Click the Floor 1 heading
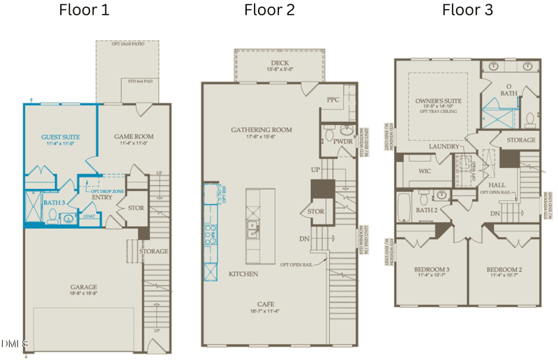[x=84, y=10]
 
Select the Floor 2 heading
[x=269, y=10]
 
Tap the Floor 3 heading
[x=467, y=10]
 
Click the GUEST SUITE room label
[x=60, y=137]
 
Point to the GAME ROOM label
[x=134, y=137]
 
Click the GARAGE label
[x=83, y=287]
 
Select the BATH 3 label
[x=54, y=202]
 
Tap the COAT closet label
[x=89, y=216]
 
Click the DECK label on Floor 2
[x=280, y=63]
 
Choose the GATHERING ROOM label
[x=262, y=130]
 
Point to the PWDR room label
[x=343, y=142]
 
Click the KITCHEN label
[x=243, y=274]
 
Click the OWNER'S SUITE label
[x=439, y=102]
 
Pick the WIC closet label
[x=425, y=171]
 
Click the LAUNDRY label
[x=444, y=147]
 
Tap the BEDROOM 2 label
[x=504, y=269]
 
